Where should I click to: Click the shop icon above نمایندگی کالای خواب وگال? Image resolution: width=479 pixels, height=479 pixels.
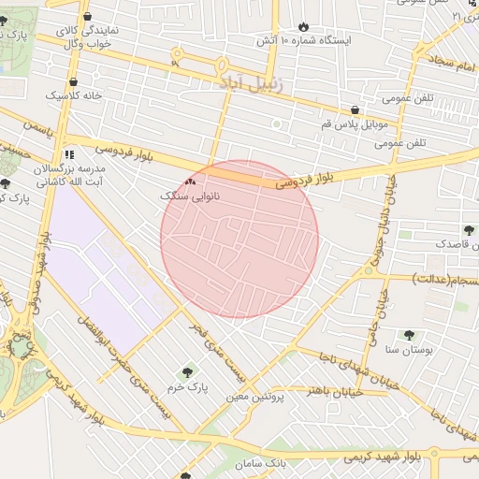87,16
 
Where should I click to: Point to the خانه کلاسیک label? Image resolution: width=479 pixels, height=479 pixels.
74,95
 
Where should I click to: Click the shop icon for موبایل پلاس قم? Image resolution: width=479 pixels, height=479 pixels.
354,109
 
